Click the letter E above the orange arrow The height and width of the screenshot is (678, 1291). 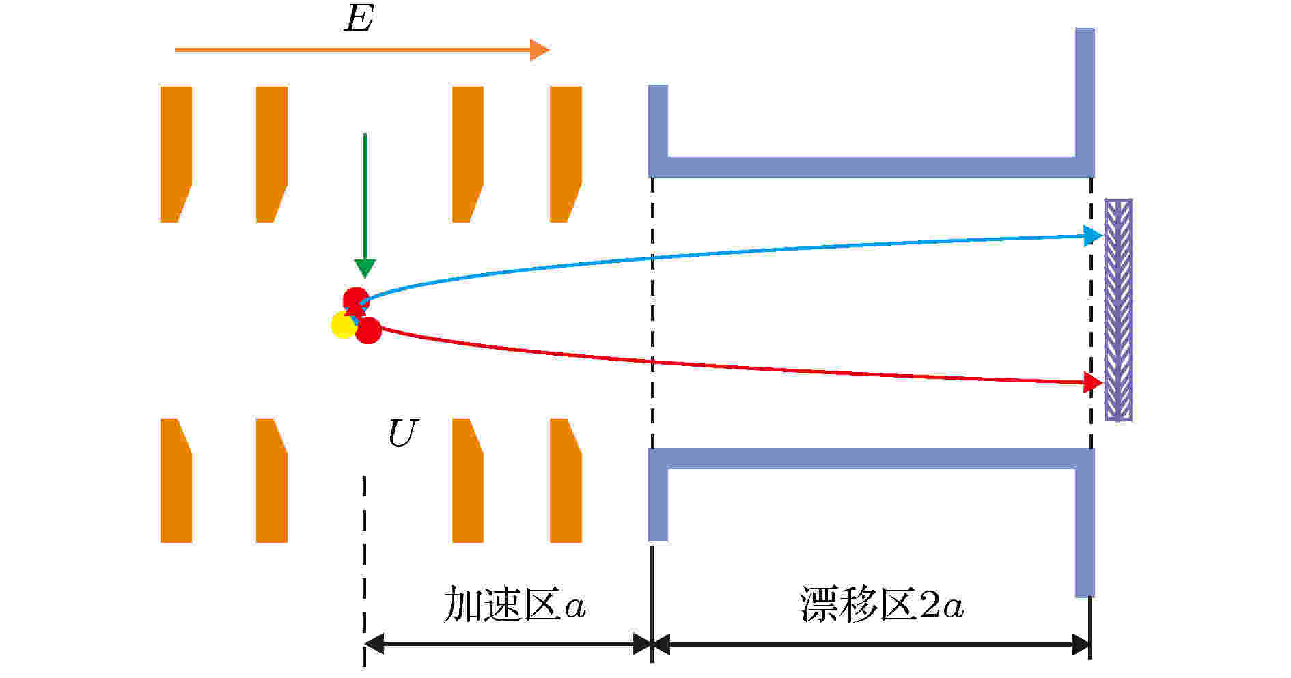tap(359, 19)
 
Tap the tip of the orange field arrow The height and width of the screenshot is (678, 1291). tap(549, 50)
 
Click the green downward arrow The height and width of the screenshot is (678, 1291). tap(365, 205)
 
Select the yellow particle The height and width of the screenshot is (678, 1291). tap(343, 325)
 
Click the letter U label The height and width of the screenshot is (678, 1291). tap(402, 433)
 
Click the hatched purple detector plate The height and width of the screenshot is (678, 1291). tap(1118, 309)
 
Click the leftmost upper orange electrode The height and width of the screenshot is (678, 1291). tap(176, 154)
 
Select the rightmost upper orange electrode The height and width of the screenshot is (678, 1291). tap(566, 154)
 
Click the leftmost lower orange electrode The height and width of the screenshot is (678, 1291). tap(176, 481)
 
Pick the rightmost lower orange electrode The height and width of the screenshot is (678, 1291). tap(566, 481)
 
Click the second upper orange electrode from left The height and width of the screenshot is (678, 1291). tap(271, 154)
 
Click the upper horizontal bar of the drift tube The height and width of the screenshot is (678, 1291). tap(871, 167)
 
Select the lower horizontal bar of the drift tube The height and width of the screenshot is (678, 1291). tap(871, 458)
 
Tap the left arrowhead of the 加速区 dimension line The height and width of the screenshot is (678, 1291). tap(374, 644)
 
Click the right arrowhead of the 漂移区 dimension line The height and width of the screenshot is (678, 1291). tap(1081, 644)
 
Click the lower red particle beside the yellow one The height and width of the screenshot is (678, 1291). tap(369, 330)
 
